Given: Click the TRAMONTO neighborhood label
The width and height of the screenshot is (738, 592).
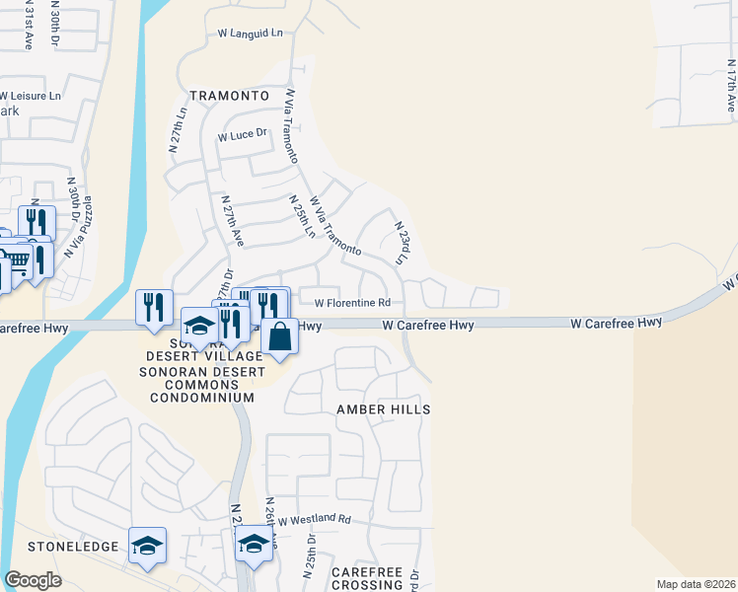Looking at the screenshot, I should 229,96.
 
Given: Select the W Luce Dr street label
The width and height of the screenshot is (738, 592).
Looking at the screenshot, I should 243,135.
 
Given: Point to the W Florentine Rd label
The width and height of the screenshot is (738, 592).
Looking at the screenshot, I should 352,303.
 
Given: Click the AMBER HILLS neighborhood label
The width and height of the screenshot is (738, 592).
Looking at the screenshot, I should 384,408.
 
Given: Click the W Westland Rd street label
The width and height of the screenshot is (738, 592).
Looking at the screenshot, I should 314,519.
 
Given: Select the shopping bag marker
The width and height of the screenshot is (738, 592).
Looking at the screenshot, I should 280,335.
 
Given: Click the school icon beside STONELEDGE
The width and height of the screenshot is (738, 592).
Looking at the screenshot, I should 147,545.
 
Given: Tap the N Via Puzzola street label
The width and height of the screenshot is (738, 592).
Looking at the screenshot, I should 81,229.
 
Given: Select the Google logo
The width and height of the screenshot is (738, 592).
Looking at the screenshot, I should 34,580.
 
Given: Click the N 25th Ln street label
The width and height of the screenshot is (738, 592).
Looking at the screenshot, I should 301,216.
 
